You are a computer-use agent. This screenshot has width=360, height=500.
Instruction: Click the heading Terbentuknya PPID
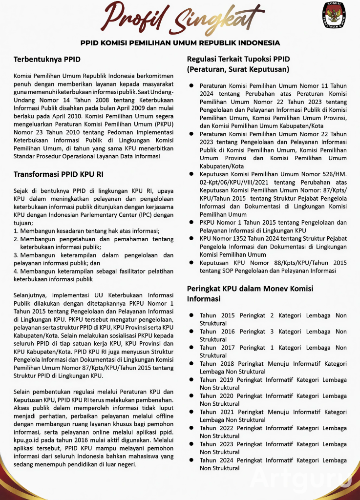click(x=47, y=59)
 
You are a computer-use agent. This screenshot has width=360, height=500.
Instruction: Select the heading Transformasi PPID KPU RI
click(x=58, y=174)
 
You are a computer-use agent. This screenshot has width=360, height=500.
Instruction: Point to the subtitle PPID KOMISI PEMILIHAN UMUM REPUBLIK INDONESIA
click(x=180, y=43)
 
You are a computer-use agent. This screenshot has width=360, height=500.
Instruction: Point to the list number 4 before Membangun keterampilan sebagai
click(x=16, y=271)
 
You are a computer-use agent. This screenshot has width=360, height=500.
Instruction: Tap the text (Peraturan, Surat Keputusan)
click(x=238, y=69)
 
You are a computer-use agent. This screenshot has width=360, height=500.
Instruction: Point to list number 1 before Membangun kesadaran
click(x=16, y=230)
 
